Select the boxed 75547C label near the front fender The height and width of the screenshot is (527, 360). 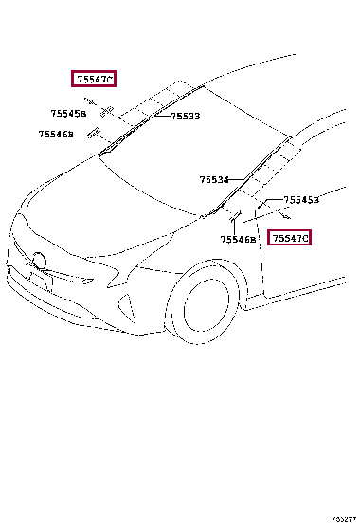[x=290, y=238]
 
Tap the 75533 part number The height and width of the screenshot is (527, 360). [x=185, y=117]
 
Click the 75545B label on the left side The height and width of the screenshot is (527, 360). [x=68, y=114]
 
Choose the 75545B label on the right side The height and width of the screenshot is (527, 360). [x=302, y=200]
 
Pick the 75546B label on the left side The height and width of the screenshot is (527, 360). [x=56, y=135]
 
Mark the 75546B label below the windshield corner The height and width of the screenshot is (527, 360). [x=239, y=240]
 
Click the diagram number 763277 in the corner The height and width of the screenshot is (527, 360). [x=343, y=519]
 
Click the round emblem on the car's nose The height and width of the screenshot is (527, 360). [x=38, y=261]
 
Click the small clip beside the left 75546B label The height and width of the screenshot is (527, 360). [x=94, y=134]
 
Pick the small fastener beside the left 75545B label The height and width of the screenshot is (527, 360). [x=106, y=110]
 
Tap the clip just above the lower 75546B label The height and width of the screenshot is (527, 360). [x=233, y=221]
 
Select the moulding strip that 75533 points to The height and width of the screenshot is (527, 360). [x=142, y=122]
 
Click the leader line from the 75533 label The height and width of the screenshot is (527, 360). [x=162, y=116]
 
